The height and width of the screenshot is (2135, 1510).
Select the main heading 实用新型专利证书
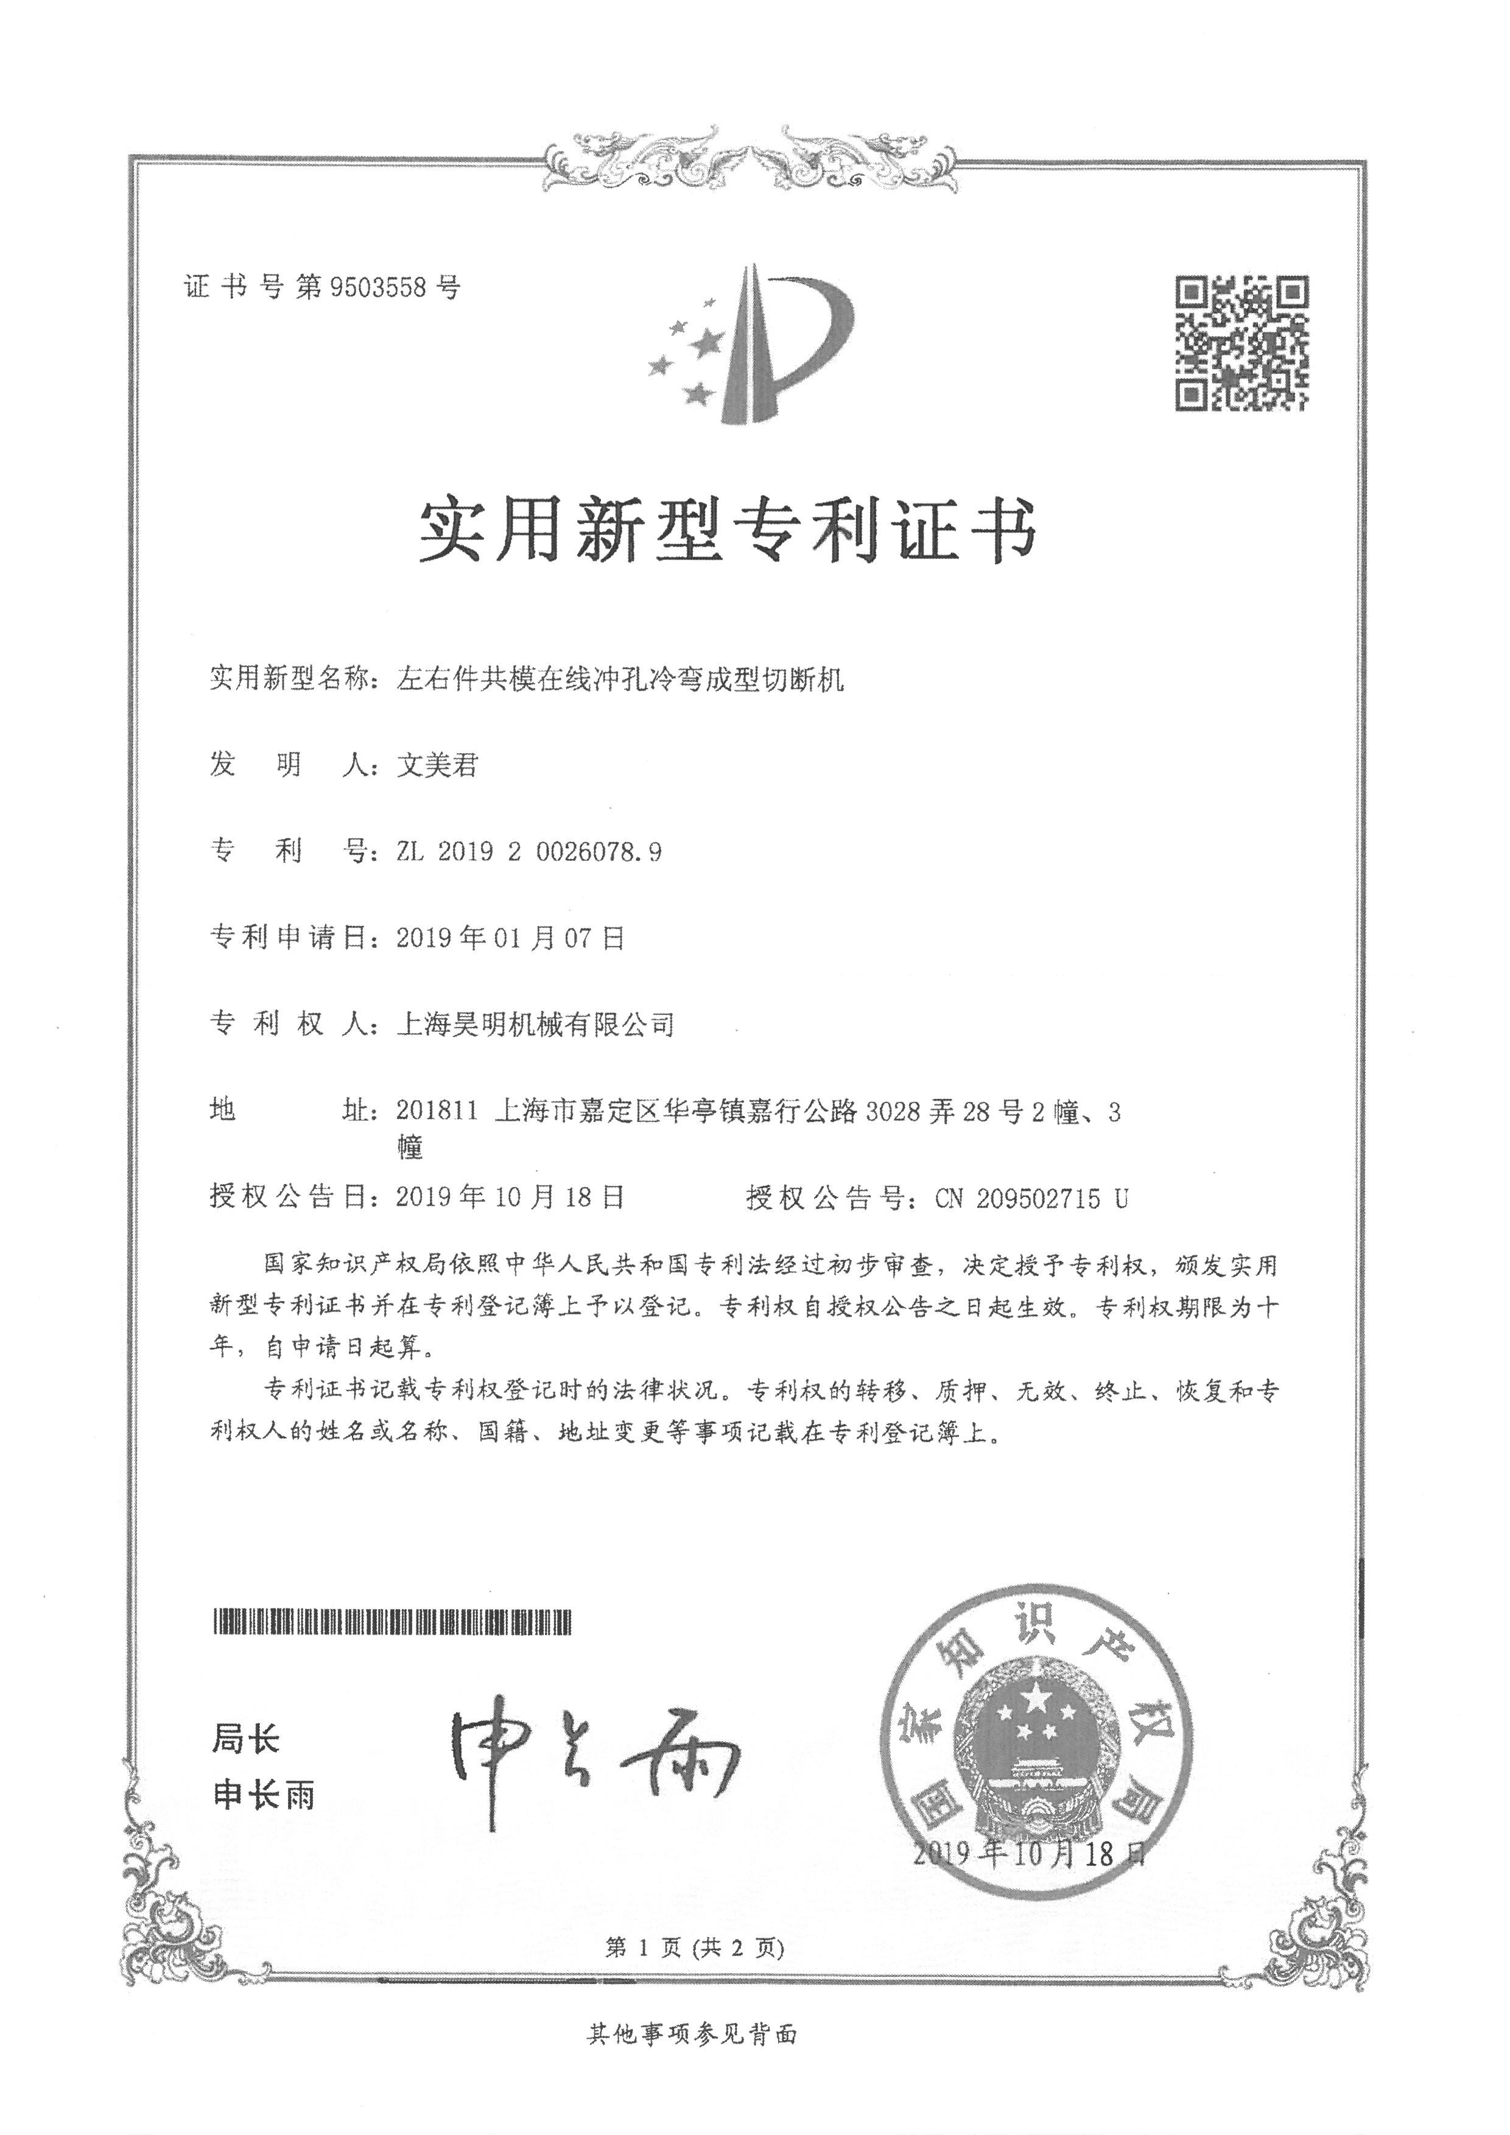727,531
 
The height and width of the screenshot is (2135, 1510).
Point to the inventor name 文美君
437,765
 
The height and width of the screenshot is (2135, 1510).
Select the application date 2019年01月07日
510,938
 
